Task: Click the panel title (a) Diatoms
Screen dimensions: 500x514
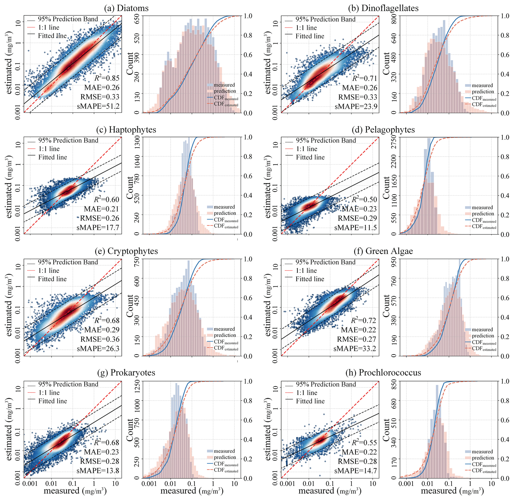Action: pos(126,8)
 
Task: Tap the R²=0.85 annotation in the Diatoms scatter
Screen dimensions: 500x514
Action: pos(107,78)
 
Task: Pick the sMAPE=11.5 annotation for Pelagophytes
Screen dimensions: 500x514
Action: pos(356,227)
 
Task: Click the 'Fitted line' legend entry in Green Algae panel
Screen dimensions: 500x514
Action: pos(310,279)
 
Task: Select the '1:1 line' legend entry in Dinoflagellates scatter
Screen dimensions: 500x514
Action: pos(306,28)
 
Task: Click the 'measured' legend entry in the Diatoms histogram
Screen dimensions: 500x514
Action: pos(224,85)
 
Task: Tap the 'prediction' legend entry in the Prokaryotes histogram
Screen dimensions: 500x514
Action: pos(225,457)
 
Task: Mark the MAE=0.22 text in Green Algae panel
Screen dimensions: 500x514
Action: pos(358,330)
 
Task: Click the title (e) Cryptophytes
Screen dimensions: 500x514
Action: pos(126,251)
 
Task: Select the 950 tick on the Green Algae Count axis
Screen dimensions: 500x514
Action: pos(395,263)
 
